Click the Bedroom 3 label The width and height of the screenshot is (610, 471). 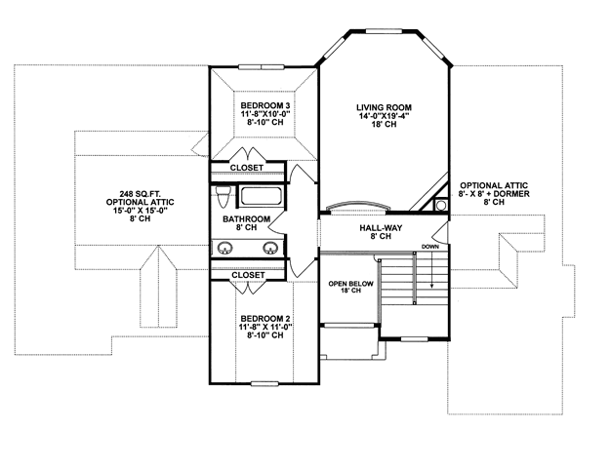[264, 105]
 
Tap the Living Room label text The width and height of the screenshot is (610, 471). [384, 107]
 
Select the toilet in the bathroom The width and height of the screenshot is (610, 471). [224, 196]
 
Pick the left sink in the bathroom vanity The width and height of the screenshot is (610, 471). [225, 248]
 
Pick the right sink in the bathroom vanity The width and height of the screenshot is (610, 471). [270, 248]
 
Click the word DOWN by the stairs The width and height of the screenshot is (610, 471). [430, 247]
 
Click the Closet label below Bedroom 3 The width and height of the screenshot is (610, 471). [247, 168]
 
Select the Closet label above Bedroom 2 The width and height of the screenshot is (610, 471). [248, 275]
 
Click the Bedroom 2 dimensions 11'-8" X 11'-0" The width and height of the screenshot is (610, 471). [265, 327]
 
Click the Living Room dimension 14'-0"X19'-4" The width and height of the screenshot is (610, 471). [384, 116]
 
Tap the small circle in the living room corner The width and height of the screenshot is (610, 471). [441, 205]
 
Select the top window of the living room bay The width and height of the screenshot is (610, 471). [384, 30]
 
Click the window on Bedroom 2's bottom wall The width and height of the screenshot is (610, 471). [264, 383]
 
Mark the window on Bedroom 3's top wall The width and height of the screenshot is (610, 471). [261, 67]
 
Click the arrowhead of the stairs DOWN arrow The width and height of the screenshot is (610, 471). [431, 286]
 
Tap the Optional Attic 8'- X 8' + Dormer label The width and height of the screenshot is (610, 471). [494, 193]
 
